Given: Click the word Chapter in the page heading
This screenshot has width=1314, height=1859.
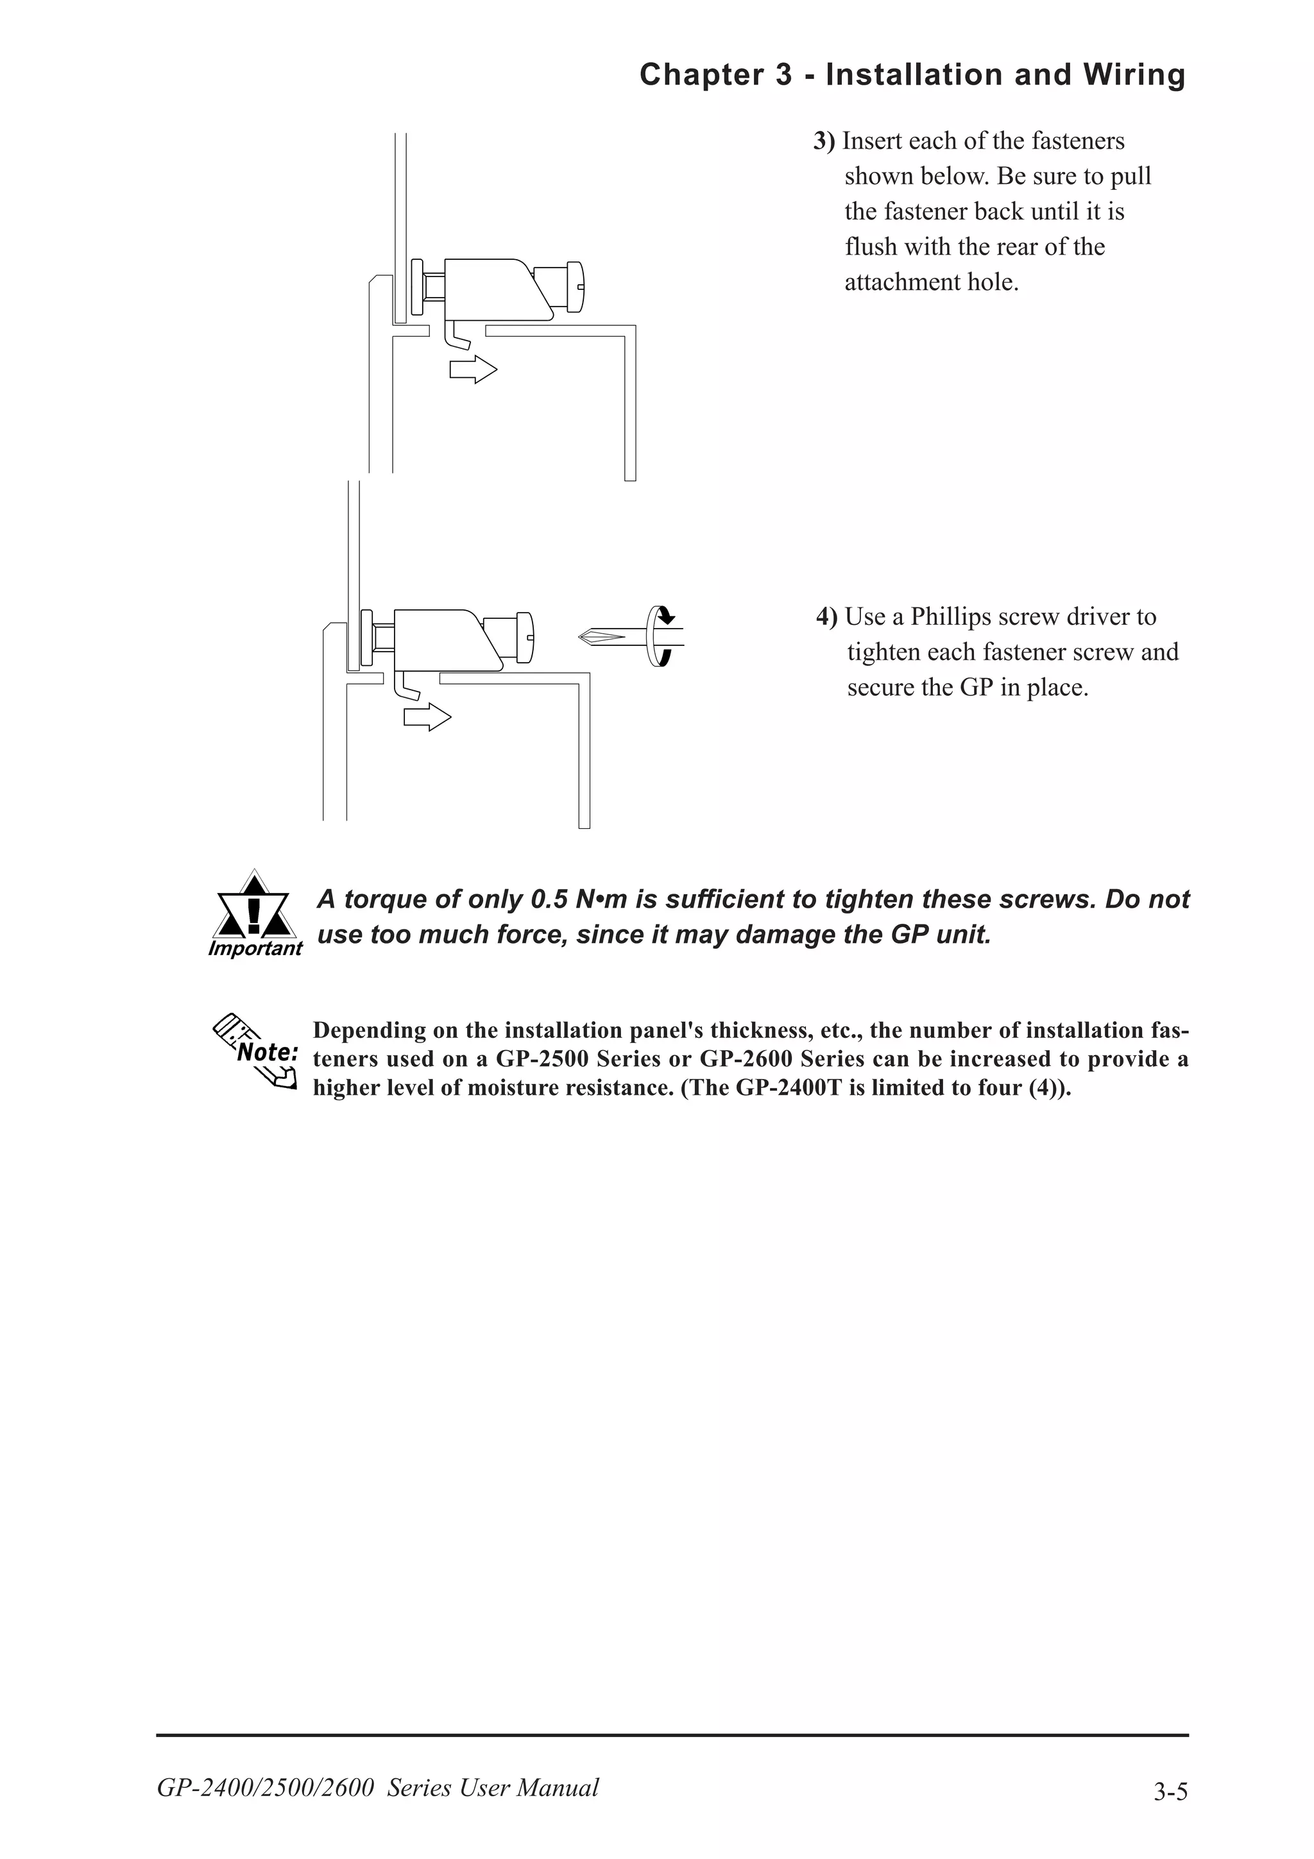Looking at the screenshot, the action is coord(701,75).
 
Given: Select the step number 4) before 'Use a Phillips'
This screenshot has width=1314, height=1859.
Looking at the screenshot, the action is coord(826,616).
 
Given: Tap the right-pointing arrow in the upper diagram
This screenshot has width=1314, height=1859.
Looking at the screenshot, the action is coord(474,370).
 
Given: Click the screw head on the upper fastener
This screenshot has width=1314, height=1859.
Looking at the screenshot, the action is coord(575,286).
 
